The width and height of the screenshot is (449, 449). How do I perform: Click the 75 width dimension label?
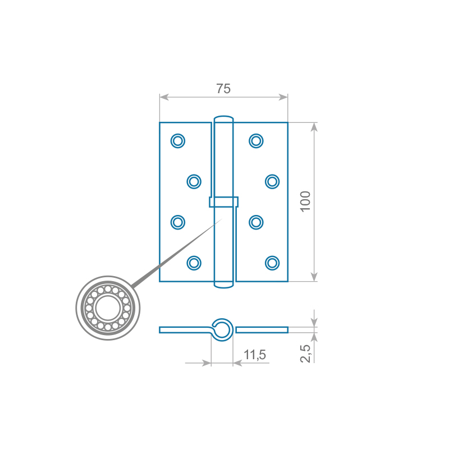[x=223, y=89]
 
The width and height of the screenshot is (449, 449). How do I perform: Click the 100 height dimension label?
[x=305, y=201]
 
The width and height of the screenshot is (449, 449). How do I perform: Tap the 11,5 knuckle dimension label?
[x=255, y=355]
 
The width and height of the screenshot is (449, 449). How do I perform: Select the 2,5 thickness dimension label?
[x=305, y=354]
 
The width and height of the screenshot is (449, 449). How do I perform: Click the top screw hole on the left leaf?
[x=178, y=141]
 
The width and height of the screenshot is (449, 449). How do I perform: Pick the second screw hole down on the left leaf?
[x=194, y=181]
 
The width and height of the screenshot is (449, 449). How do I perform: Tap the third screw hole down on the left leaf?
[x=178, y=222]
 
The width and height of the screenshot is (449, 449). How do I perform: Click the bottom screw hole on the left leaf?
[x=194, y=263]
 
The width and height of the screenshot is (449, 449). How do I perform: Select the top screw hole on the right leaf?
[x=256, y=141]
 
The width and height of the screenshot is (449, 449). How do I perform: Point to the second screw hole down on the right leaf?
[x=272, y=181]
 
